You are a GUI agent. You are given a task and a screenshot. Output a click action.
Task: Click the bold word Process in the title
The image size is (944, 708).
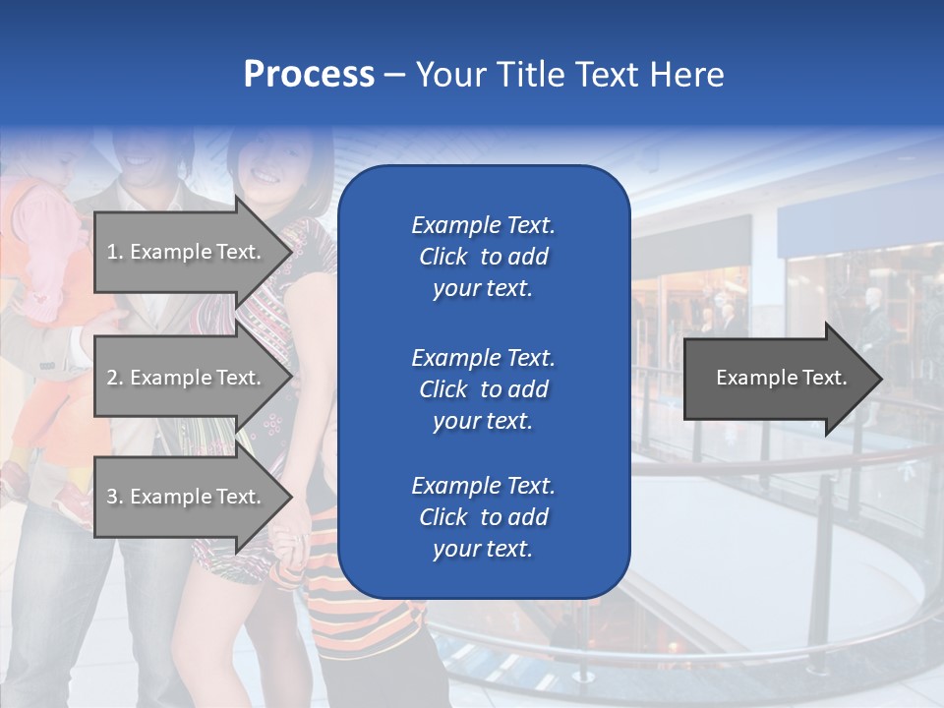pos(309,75)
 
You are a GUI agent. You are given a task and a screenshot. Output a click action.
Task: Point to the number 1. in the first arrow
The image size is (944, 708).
pos(115,252)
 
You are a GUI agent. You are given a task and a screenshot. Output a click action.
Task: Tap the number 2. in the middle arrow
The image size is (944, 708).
pos(115,378)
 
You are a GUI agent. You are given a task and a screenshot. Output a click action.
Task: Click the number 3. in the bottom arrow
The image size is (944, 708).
pos(115,497)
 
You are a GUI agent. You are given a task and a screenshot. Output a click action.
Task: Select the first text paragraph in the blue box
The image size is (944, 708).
pos(483,257)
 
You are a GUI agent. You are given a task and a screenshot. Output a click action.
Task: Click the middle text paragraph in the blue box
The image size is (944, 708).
pos(483,389)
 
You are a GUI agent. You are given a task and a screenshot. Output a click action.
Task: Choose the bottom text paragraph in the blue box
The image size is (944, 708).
pos(483,517)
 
